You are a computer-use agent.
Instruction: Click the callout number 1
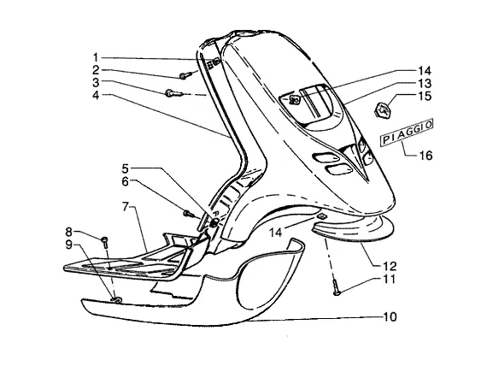(x=96, y=57)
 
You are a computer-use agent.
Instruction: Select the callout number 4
(x=96, y=95)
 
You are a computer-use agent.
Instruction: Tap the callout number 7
(x=126, y=206)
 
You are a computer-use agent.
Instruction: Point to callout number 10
(x=390, y=317)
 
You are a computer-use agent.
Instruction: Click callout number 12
(x=390, y=266)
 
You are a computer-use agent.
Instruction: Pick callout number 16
(x=425, y=155)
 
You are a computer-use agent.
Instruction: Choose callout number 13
(x=425, y=83)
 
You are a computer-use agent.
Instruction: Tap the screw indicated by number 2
(x=185, y=75)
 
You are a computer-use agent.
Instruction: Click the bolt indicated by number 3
(x=173, y=93)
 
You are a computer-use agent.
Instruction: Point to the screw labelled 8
(x=104, y=242)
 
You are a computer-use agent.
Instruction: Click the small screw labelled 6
(x=189, y=214)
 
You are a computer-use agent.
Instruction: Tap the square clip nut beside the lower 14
(x=321, y=216)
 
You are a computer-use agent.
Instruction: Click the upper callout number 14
(x=425, y=71)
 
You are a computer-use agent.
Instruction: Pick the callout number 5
(x=125, y=168)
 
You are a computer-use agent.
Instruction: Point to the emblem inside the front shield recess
(x=295, y=99)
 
